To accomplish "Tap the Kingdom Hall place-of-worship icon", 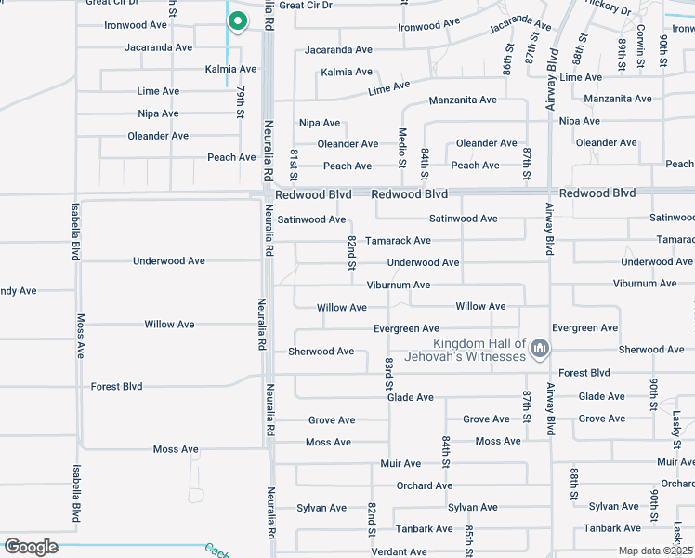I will (540, 350).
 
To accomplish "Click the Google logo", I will (30, 547).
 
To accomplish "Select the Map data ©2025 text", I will (655, 551).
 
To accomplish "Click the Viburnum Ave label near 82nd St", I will (399, 285).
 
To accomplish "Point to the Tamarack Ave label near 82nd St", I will (398, 240).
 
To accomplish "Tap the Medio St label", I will (403, 147).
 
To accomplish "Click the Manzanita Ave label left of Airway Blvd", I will (462, 100).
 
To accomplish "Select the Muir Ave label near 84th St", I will (400, 463).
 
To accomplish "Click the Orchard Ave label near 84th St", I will (425, 485).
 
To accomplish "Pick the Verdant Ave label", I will (399, 551).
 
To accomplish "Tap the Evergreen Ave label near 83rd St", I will (406, 328).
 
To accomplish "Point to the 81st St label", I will (293, 164).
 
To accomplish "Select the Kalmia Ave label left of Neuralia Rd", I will (230, 69).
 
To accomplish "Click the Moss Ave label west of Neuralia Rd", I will (177, 449).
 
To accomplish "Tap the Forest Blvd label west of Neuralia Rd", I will (116, 386).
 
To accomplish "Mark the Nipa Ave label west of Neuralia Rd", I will (158, 113).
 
